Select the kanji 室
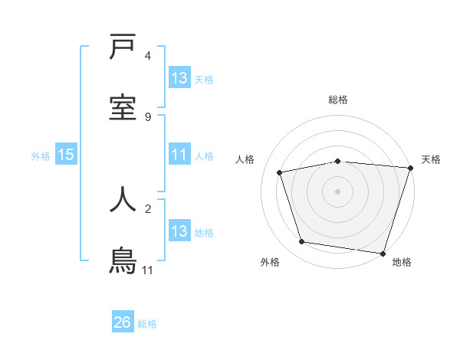tap(123, 107)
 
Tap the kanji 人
tap(123, 198)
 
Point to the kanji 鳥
tap(123, 261)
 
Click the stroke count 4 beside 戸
tap(148, 56)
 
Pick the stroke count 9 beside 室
tap(148, 116)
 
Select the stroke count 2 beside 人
tap(148, 207)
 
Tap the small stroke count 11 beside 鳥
tap(148, 270)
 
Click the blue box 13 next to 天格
tap(179, 78)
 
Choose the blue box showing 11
tap(179, 155)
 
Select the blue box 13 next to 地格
tap(179, 231)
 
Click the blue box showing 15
tap(66, 155)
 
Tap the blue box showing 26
tap(123, 322)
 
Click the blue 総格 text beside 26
tap(147, 324)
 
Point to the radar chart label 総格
tap(338, 100)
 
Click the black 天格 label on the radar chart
tap(431, 159)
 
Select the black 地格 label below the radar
tap(402, 263)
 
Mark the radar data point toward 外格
tap(302, 242)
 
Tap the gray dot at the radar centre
tap(338, 191)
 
